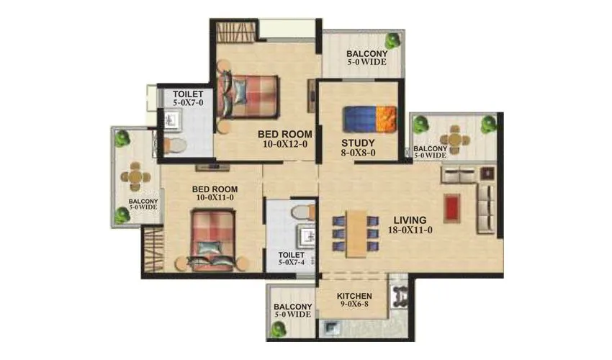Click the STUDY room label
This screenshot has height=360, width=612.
click(358, 141)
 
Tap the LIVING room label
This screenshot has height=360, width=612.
click(409, 220)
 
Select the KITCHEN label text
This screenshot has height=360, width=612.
click(354, 296)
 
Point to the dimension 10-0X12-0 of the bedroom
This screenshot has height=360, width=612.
click(284, 144)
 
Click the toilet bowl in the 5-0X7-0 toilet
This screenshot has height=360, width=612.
click(176, 146)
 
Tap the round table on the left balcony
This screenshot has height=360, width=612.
click(135, 176)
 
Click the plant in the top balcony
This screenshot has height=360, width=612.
click(392, 40)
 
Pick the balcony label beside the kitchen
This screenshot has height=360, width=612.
click(292, 310)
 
